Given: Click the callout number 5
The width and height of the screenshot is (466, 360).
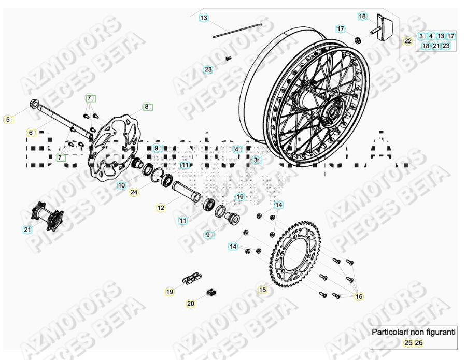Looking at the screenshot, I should click(8, 120).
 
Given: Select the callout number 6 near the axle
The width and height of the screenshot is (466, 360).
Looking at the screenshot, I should click(31, 133).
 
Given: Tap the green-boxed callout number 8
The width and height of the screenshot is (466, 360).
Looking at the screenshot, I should click(147, 107).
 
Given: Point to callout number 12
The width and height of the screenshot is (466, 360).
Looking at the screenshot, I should click(161, 208).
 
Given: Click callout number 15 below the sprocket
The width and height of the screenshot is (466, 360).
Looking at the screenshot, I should click(263, 290).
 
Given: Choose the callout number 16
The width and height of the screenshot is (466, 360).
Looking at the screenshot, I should click(359, 296).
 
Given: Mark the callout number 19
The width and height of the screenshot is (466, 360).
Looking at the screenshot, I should click(170, 292).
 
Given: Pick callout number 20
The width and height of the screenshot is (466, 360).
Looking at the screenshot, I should click(191, 304).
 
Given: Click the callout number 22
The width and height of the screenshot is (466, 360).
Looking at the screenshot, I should click(408, 41).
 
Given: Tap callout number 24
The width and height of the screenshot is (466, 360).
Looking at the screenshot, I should click(134, 192).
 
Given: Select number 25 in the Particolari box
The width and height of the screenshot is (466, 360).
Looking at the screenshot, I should click(408, 342).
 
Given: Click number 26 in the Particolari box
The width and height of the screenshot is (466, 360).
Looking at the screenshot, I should click(419, 342).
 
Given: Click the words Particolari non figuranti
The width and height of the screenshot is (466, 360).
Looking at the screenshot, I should click(413, 332).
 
